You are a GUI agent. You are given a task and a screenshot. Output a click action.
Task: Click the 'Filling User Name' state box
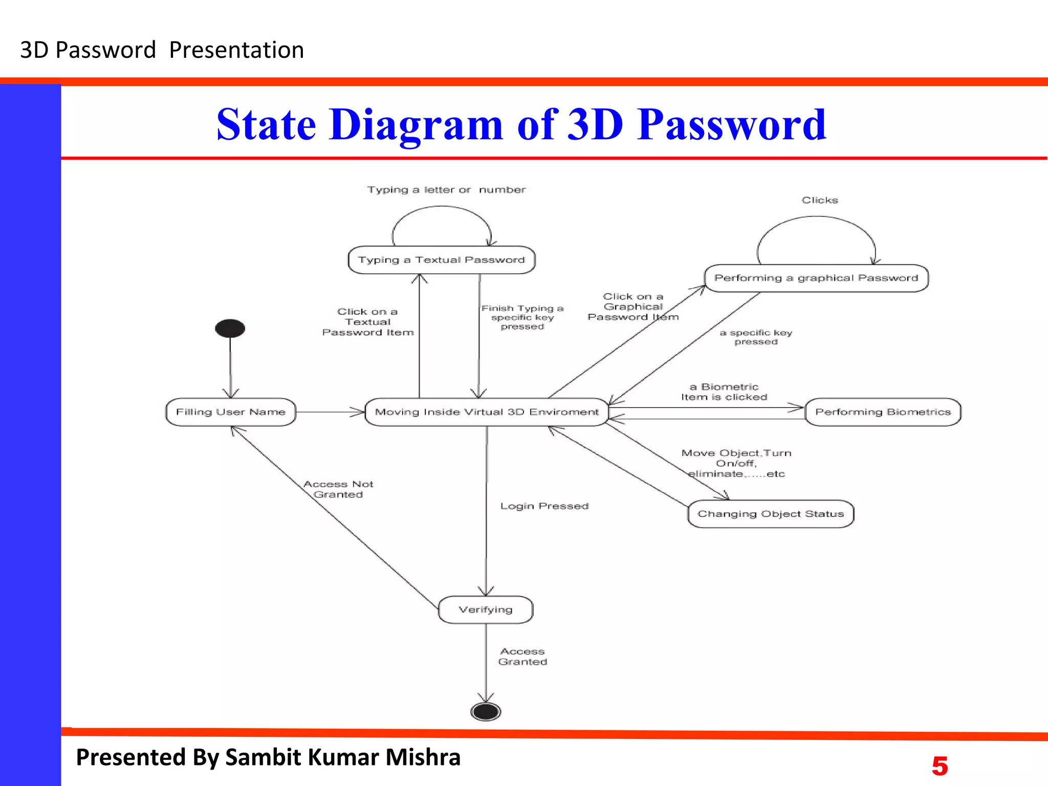[x=231, y=412]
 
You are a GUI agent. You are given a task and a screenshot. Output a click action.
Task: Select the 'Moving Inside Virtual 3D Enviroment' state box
[x=486, y=412]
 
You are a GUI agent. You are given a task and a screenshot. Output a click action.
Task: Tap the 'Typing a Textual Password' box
[x=441, y=260]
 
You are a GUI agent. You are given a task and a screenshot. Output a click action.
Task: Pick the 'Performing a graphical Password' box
[x=816, y=278]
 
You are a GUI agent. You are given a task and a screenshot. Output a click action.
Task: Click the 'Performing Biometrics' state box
[x=883, y=412]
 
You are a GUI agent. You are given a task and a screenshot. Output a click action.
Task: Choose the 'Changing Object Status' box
[x=770, y=514]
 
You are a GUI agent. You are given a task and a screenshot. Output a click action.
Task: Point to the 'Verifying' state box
[x=486, y=609]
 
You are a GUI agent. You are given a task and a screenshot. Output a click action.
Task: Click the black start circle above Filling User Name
[x=230, y=328]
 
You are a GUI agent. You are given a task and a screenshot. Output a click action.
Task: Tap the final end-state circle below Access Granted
[x=486, y=711]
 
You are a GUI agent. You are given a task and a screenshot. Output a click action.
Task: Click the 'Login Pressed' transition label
[x=544, y=506]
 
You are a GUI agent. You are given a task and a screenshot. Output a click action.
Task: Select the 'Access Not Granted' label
[x=338, y=489]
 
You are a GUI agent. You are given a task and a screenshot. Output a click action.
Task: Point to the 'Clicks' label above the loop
[x=820, y=200]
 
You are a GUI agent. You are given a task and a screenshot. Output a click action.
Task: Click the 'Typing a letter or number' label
[x=446, y=190]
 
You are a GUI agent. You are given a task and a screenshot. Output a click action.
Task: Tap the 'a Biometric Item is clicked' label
[x=724, y=392]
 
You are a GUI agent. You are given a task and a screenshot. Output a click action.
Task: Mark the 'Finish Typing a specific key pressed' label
[x=522, y=317]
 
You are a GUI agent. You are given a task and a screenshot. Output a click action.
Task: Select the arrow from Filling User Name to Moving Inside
[x=330, y=412]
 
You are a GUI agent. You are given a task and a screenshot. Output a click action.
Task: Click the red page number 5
[x=940, y=766]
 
